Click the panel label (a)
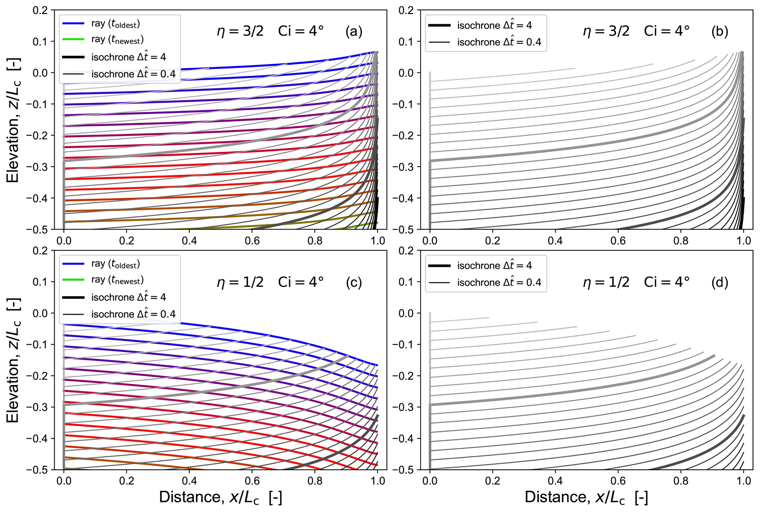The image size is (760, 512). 354,32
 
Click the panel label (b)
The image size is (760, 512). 720,32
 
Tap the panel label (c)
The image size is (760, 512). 354,282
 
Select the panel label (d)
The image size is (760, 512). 720,282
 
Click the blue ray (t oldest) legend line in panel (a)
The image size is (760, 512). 74,24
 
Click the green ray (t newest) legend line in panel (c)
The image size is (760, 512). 74,280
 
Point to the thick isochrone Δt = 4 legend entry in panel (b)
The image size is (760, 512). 439,25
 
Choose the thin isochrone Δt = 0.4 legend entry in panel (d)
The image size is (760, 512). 439,283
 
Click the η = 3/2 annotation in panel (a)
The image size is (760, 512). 240,32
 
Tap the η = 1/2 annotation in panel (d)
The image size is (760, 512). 606,282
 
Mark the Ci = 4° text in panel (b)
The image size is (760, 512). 667,32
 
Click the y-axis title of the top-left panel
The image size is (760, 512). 13,120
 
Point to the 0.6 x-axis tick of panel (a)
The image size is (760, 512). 252,241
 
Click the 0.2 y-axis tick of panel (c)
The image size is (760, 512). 40,251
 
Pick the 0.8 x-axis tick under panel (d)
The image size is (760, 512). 681,481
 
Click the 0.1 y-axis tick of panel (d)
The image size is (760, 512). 407,282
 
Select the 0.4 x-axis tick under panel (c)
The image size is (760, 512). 189,481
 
